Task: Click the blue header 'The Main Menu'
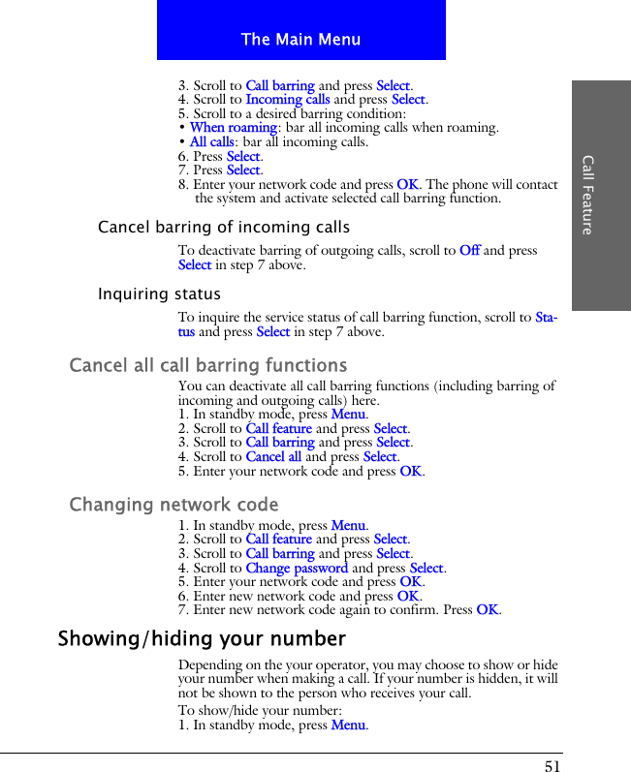click(300, 40)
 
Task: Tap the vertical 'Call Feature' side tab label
click(587, 194)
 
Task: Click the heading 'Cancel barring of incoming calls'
click(224, 228)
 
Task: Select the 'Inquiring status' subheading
click(159, 294)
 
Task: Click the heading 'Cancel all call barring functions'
click(207, 366)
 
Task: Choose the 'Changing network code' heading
click(174, 506)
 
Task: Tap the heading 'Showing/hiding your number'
click(202, 639)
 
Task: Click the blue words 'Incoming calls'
click(287, 99)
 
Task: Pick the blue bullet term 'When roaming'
click(234, 127)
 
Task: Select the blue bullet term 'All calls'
click(211, 141)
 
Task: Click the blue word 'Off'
click(469, 251)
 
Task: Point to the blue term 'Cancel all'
click(273, 457)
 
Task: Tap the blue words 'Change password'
click(297, 569)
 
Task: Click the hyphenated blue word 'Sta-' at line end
click(546, 318)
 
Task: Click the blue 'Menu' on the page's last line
click(348, 726)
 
